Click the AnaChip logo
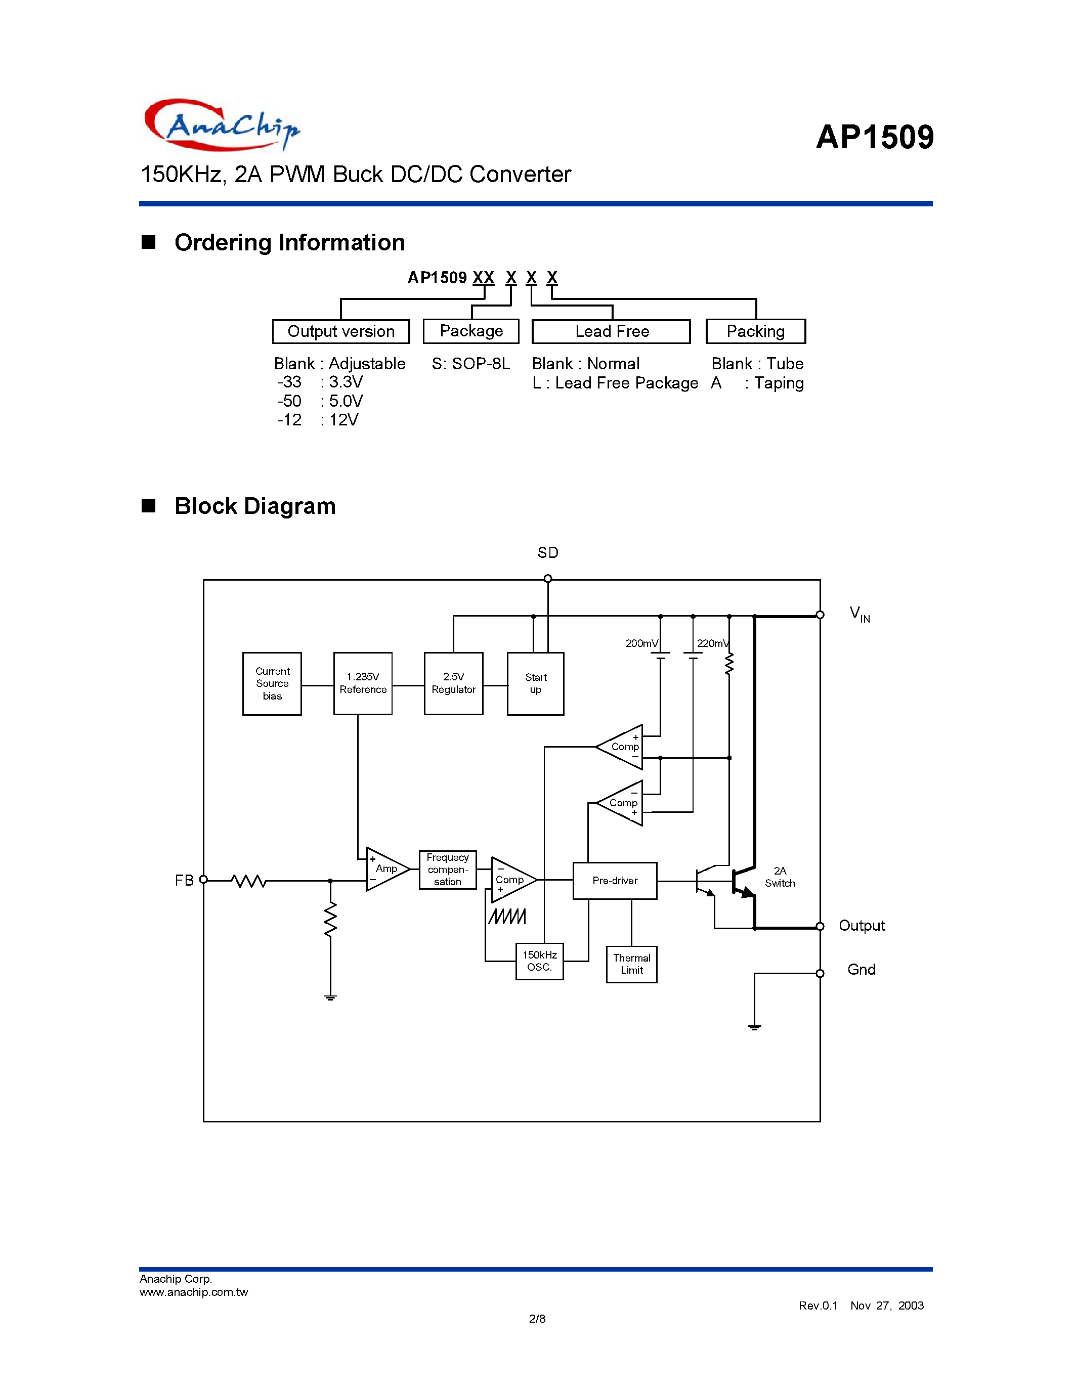[x=222, y=125]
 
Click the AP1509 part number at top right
[x=874, y=137]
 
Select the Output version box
[x=341, y=331]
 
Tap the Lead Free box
[x=611, y=331]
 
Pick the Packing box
[x=755, y=331]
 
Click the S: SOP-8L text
[x=470, y=364]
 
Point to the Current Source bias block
[x=272, y=683]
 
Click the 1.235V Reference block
[x=362, y=683]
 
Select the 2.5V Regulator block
[x=453, y=683]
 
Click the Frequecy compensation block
[x=448, y=870]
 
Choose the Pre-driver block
[x=615, y=881]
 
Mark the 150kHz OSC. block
[x=539, y=961]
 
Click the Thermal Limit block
[x=631, y=964]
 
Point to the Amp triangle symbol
[x=384, y=870]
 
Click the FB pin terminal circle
[x=204, y=880]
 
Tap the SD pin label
[x=548, y=553]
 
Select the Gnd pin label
[x=861, y=969]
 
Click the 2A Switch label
[x=780, y=877]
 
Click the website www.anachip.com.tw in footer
[x=194, y=1292]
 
